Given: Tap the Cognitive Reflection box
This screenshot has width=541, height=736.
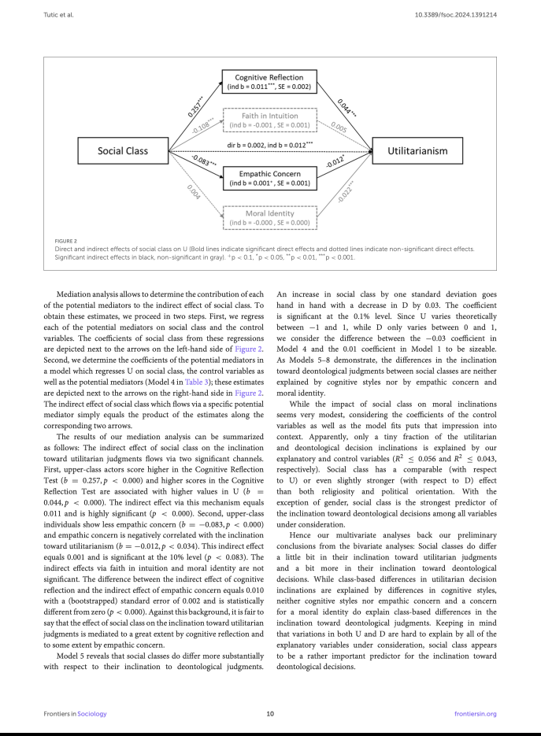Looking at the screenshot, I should point(269,83).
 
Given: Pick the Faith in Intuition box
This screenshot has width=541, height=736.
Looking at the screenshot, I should point(269,119).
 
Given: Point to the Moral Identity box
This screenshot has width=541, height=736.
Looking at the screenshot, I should point(269,218).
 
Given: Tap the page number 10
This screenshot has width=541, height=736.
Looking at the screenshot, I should point(270,713).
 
